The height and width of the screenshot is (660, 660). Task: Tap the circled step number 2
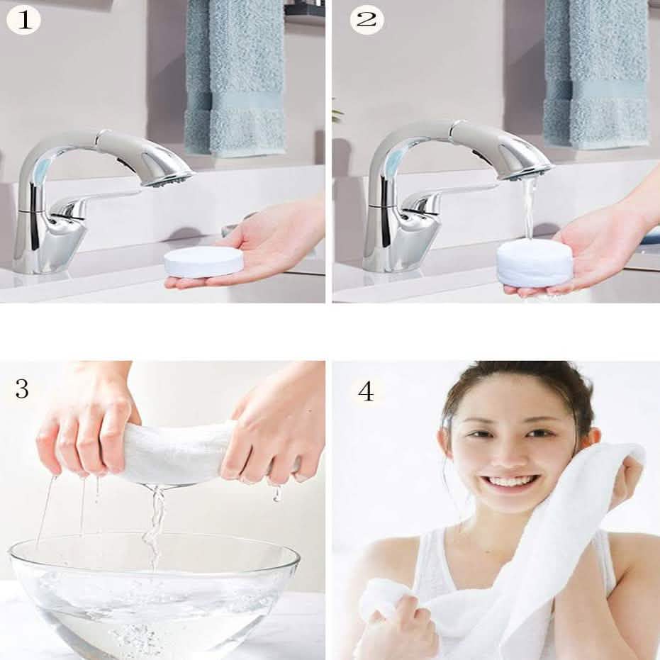pyautogui.click(x=367, y=19)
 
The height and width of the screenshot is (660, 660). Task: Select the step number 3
pyautogui.click(x=22, y=389)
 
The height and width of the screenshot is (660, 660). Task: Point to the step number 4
pyautogui.click(x=365, y=390)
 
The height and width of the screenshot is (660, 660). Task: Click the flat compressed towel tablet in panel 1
pyautogui.click(x=204, y=261)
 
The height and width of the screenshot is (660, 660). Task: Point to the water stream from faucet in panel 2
pyautogui.click(x=528, y=209)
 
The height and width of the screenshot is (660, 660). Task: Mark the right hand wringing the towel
pyautogui.click(x=276, y=432)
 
